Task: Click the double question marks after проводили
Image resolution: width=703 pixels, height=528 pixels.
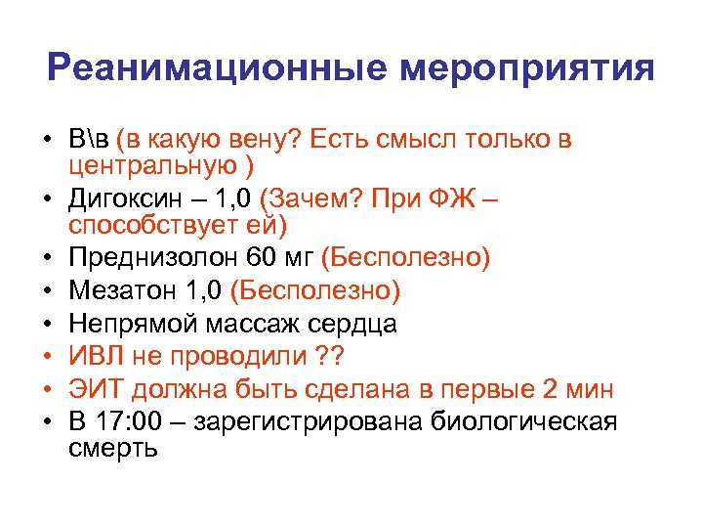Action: [340, 356]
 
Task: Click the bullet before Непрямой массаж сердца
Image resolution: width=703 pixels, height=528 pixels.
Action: [47, 324]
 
